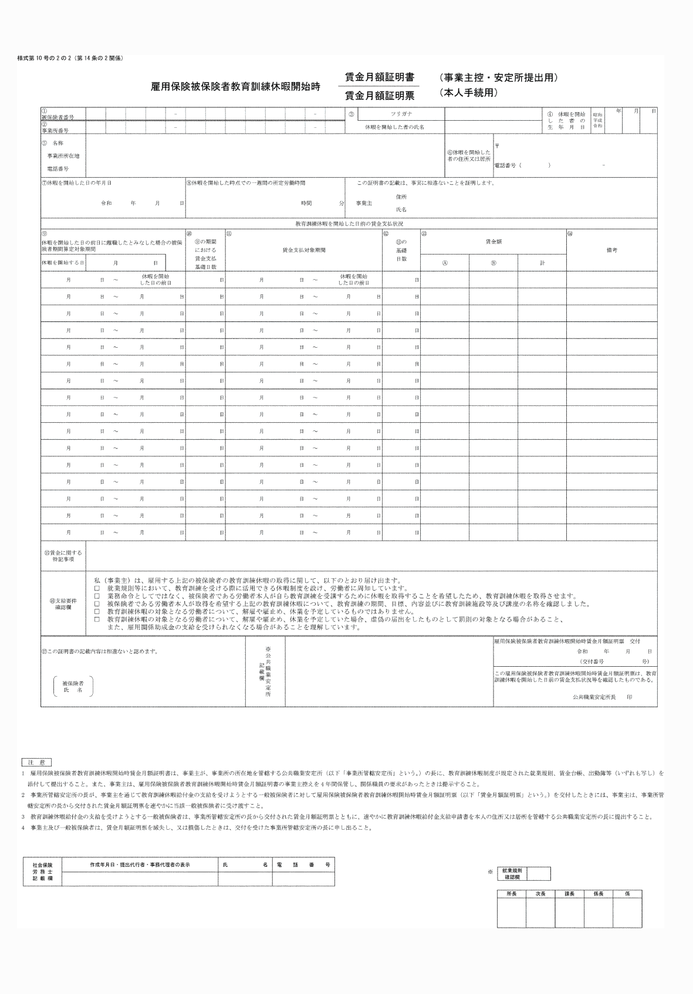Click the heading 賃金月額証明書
pyautogui.click(x=379, y=77)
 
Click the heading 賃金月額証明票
pyautogui.click(x=379, y=95)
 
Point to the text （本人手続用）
pyautogui.click(x=468, y=93)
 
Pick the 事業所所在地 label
pyautogui.click(x=63, y=156)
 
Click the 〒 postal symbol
pyautogui.click(x=497, y=145)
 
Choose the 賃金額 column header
pyautogui.click(x=493, y=241)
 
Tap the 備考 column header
pyautogui.click(x=611, y=250)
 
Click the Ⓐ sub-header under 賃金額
pyautogui.click(x=445, y=263)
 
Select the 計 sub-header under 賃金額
pyautogui.click(x=542, y=263)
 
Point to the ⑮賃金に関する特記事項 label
pyautogui.click(x=63, y=556)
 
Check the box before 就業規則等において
pyautogui.click(x=97, y=588)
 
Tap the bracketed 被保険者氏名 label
pyautogui.click(x=73, y=687)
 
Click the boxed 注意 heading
pyautogui.click(x=36, y=762)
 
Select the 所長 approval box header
pyautogui.click(x=511, y=894)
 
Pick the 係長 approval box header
pyautogui.click(x=599, y=894)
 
